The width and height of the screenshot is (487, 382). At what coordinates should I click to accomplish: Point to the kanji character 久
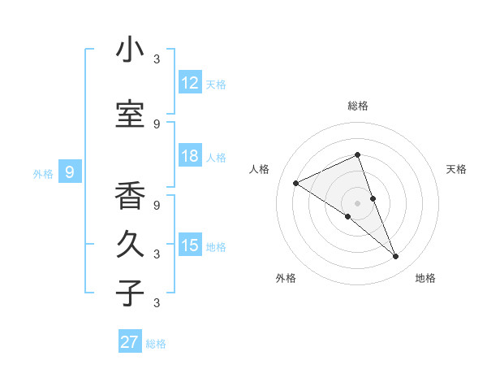[x=130, y=245]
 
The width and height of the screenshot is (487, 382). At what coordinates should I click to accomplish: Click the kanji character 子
[x=130, y=293]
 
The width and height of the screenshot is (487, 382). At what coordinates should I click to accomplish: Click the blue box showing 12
[x=190, y=83]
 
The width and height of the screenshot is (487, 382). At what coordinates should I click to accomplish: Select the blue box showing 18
[x=190, y=156]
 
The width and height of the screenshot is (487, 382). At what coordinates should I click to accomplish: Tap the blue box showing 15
[x=190, y=245]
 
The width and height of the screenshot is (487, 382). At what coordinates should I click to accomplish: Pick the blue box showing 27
[x=130, y=342]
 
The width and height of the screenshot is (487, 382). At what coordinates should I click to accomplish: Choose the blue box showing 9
[x=70, y=172]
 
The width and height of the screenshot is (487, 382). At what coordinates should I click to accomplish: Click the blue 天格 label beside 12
[x=216, y=84]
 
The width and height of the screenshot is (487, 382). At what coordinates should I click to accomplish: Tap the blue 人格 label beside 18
[x=216, y=157]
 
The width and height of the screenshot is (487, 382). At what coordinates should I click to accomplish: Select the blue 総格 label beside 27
[x=156, y=343]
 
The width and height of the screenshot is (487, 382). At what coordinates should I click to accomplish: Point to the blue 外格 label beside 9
[x=43, y=173]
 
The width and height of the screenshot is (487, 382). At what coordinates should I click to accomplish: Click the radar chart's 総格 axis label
[x=358, y=106]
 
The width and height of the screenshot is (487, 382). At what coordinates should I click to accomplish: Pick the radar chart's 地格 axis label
[x=425, y=278]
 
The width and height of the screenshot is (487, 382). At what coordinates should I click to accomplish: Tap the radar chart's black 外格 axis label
[x=286, y=278]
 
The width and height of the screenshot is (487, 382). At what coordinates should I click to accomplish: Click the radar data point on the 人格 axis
[x=296, y=183]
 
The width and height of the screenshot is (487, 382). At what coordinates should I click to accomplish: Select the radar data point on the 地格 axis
[x=396, y=257]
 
